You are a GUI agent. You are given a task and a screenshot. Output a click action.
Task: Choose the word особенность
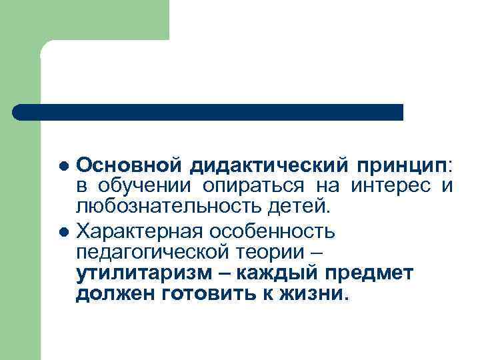pos(274,232)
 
